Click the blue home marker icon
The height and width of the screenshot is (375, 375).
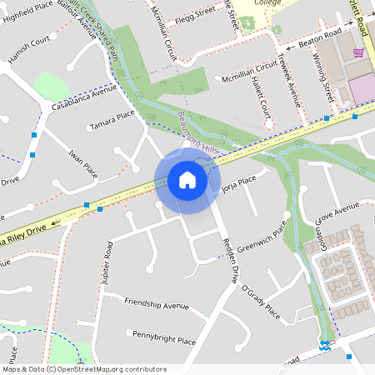point(187,180)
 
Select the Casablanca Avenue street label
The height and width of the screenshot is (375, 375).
point(82,97)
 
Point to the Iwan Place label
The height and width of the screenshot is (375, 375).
point(83,163)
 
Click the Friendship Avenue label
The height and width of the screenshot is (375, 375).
point(157,303)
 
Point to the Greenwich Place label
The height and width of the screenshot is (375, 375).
point(262,237)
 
